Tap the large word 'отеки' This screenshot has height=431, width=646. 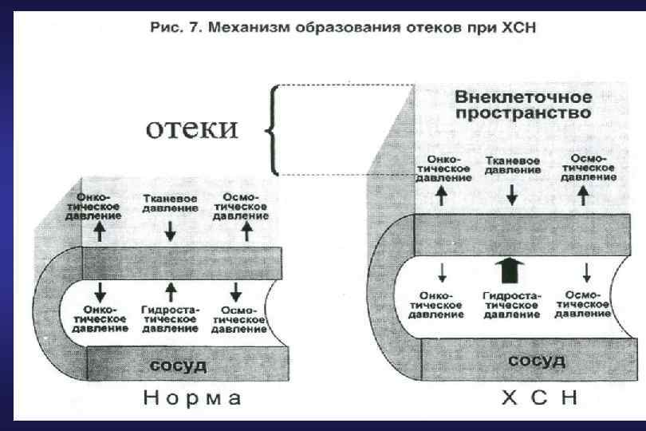[191, 129]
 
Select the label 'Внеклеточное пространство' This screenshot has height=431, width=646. [523, 105]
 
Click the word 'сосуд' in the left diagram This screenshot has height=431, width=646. [179, 366]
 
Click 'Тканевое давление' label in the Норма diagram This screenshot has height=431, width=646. [170, 203]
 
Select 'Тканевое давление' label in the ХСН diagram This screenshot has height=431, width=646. [512, 166]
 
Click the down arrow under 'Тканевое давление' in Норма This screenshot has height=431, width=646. [171, 231]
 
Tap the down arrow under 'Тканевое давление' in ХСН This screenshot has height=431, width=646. [512, 193]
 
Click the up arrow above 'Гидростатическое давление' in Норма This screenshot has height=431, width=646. [170, 288]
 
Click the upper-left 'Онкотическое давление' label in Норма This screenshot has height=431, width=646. [100, 205]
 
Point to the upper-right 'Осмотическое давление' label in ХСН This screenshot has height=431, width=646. [587, 168]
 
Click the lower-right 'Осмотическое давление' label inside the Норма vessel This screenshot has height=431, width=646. [240, 318]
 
